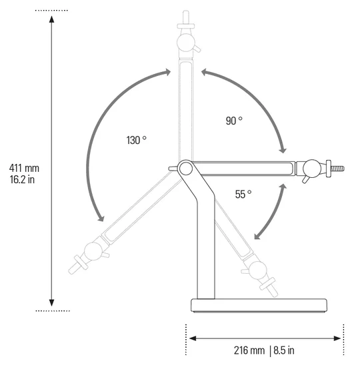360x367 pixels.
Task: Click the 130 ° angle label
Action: pos(136,141)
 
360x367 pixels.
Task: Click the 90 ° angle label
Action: pos(234,121)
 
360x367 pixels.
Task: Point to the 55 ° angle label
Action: pos(243,194)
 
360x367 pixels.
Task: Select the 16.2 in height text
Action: pos(23,179)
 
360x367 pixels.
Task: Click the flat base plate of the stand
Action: pos(260,306)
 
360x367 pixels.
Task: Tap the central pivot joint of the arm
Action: pos(186,169)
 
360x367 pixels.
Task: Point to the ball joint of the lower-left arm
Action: pos(93,251)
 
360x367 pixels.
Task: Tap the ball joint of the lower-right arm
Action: pos(257,270)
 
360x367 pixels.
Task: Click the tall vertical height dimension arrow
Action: pos(52,160)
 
